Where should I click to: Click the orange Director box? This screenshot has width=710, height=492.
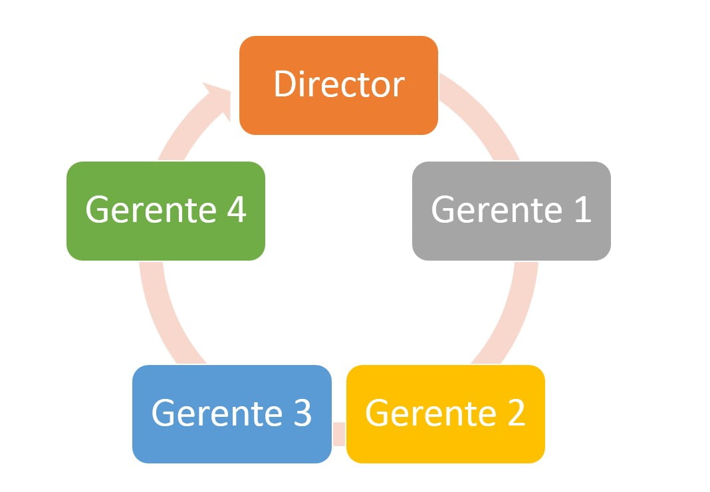click(338, 85)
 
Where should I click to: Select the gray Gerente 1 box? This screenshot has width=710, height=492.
click(511, 211)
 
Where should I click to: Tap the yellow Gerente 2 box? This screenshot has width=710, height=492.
click(445, 414)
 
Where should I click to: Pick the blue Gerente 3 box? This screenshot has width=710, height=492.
click(232, 414)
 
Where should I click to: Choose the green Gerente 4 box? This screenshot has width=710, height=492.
click(166, 211)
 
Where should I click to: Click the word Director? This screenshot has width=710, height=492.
click(339, 84)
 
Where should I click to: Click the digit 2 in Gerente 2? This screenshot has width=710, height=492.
click(516, 412)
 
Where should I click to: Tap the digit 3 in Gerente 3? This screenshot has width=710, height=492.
click(302, 412)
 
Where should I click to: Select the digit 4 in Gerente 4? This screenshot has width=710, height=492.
click(237, 209)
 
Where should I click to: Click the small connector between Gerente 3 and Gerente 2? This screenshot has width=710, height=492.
click(338, 433)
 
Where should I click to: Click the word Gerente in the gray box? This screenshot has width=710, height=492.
click(497, 209)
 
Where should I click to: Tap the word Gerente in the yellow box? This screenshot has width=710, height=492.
click(431, 412)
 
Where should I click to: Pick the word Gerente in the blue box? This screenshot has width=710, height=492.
click(217, 412)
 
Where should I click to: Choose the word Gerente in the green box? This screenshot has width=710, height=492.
click(151, 209)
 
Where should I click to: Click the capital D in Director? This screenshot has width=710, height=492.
click(284, 84)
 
